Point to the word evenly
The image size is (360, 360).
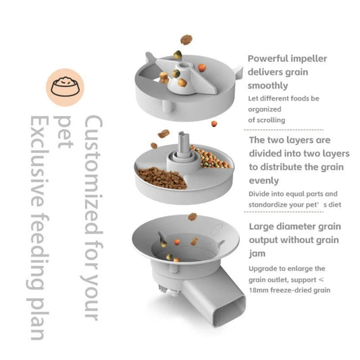pos(263,180)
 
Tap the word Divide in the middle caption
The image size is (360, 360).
pos(261,194)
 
